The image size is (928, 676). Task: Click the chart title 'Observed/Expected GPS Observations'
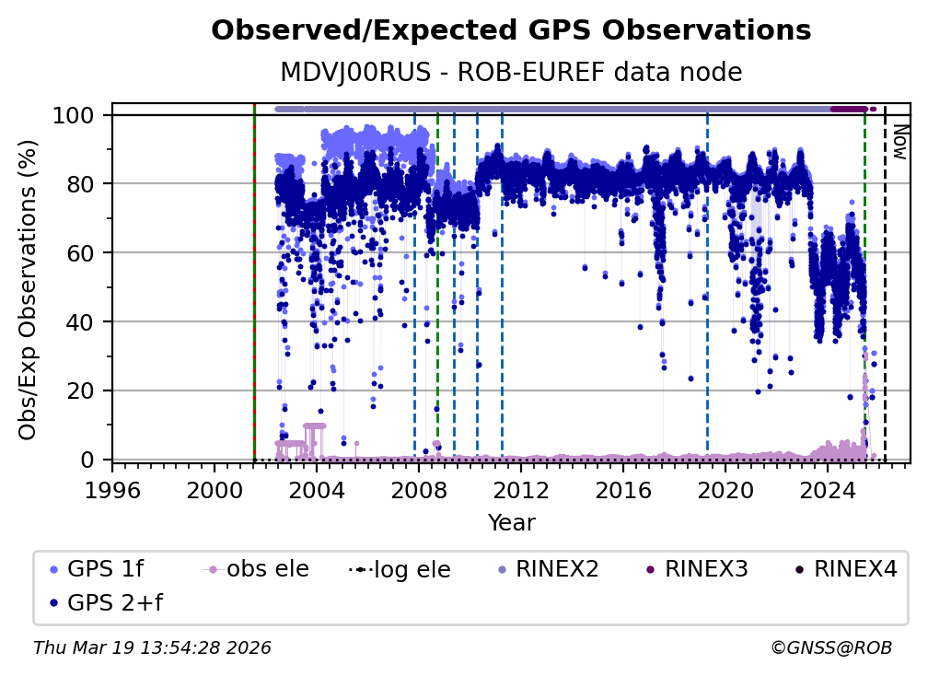(511, 31)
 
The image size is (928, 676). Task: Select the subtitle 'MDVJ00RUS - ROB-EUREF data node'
(511, 72)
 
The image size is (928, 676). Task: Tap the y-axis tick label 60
(84, 253)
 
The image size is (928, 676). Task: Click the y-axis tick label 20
(84, 390)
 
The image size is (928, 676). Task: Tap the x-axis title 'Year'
(511, 523)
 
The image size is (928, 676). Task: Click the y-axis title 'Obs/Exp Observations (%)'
(29, 289)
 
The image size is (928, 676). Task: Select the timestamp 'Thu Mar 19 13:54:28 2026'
(152, 647)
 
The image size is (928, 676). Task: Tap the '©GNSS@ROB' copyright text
(831, 647)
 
